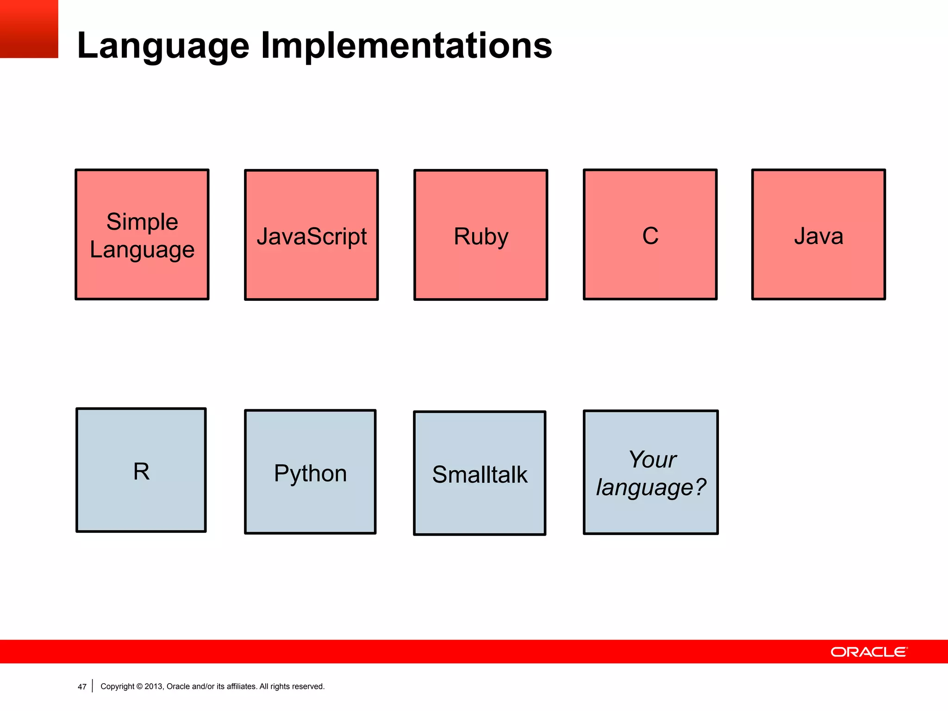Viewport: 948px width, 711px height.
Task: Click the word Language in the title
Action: point(163,46)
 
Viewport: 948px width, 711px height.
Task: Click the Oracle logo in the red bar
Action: point(869,652)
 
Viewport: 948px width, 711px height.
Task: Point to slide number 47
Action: point(82,687)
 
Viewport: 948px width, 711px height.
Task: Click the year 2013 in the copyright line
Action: point(153,686)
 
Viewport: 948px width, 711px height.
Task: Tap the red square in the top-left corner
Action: point(29,29)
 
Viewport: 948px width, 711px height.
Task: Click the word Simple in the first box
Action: point(142,222)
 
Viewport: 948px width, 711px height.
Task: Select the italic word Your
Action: point(652,460)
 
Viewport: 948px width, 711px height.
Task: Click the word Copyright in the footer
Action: point(117,686)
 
